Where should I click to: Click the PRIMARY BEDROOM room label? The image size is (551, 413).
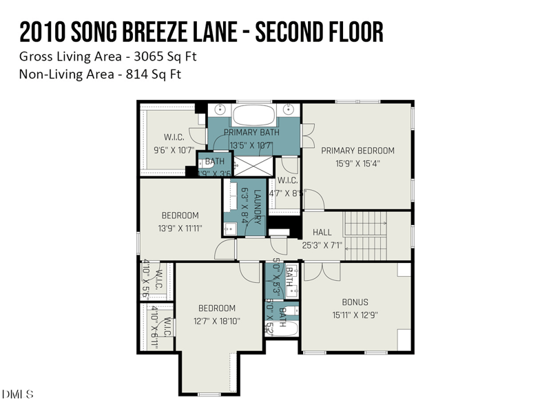[x=357, y=151]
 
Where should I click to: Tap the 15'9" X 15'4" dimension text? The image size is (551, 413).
[x=357, y=164]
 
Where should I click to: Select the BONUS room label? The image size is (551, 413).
[x=355, y=302]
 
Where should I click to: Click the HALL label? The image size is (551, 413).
[x=322, y=233]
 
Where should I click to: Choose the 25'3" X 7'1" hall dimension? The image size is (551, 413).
[x=322, y=245]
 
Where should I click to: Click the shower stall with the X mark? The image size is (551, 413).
[x=252, y=165]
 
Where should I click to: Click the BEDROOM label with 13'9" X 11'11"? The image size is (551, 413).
[x=180, y=215]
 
